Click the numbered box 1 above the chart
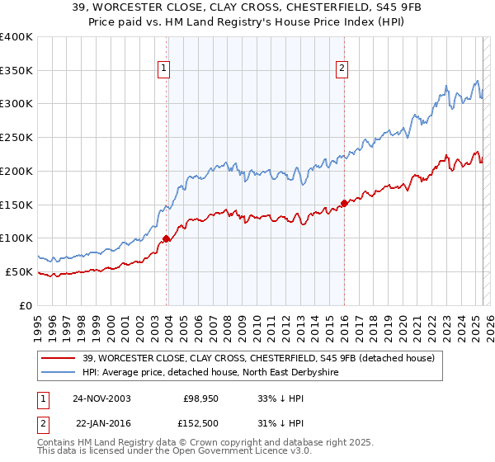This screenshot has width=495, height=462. pos(164,69)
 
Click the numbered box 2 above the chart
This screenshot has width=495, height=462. pos(342,69)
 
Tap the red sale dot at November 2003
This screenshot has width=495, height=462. pos(166,238)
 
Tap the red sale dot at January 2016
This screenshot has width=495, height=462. pos(343,203)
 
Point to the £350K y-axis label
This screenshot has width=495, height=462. pos(16,70)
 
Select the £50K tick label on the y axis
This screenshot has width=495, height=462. pos(19,271)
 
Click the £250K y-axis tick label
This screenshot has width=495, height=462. pos(16,137)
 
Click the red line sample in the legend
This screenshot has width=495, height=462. pos(58,357)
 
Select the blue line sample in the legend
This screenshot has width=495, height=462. pos(58,372)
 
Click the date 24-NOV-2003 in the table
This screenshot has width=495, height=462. pos(101,398)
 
